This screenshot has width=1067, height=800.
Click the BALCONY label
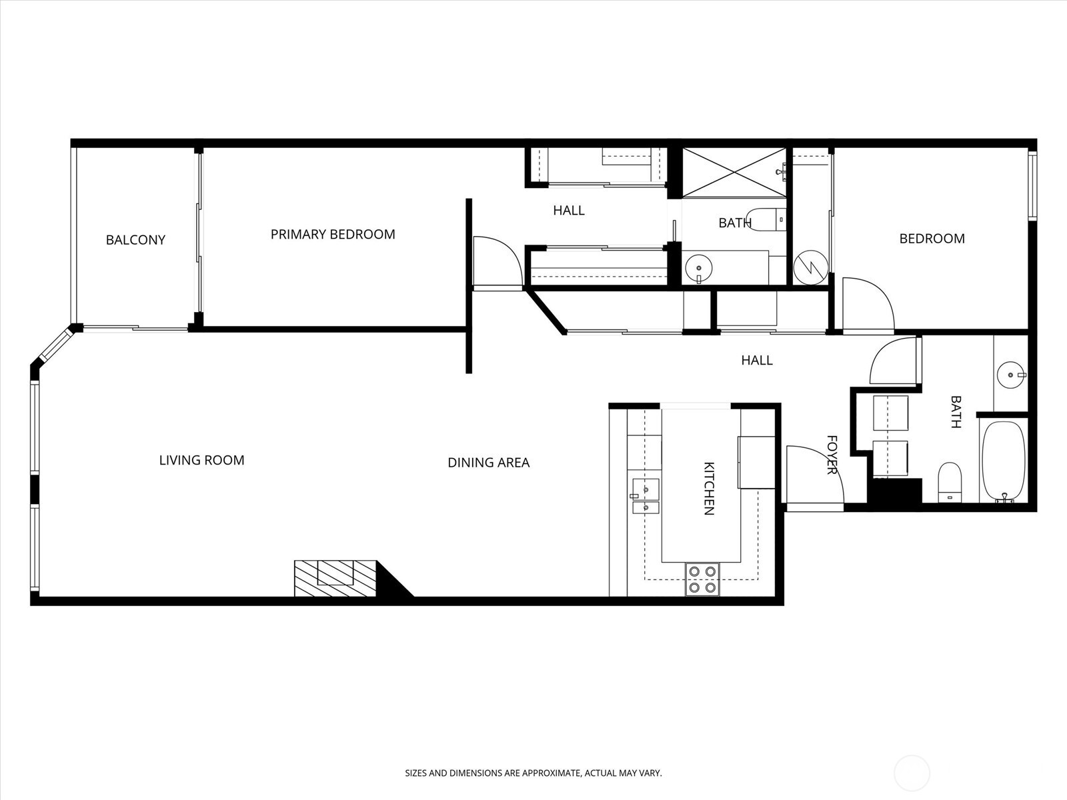pos(135,240)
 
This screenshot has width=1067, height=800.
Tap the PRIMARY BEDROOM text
pos(333,235)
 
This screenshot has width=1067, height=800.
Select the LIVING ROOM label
pos(201,460)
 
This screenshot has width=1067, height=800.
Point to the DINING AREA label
pos(488,462)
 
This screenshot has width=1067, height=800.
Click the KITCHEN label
pos(709,488)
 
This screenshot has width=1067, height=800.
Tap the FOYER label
pos(832,455)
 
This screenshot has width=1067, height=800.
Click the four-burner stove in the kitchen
pos(702,579)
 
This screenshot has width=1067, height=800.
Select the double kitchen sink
pos(645,497)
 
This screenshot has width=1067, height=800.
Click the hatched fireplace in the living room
pos(335,578)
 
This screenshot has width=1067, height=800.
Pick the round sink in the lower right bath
pos(1010,375)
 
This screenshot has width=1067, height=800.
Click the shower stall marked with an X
pos(734,173)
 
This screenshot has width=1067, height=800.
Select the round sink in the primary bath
pos(698,268)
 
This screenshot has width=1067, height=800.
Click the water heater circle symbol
pos(811,267)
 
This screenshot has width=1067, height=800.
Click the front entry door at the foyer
pos(814,477)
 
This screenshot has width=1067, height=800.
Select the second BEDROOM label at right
pos(932,239)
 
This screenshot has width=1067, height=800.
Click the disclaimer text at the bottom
pos(533,773)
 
